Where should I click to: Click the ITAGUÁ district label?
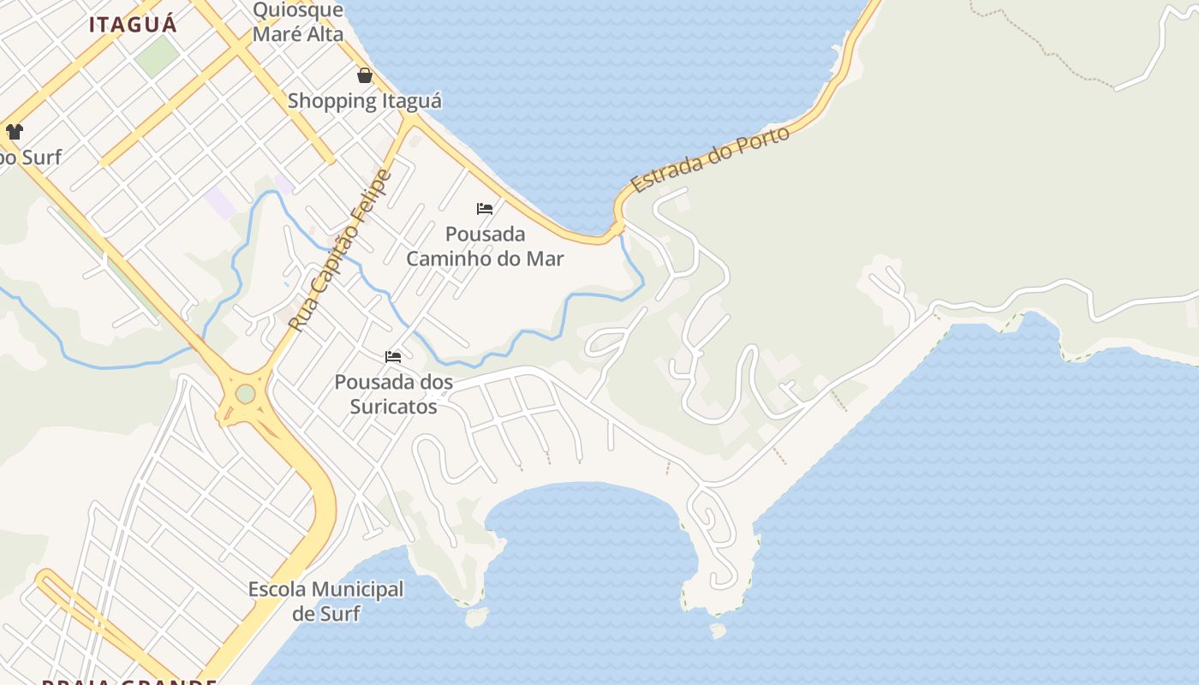[133, 24]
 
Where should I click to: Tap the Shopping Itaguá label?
[365, 101]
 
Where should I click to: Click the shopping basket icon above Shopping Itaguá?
[365, 75]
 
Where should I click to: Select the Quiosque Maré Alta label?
[298, 22]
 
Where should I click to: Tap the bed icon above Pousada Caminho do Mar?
[485, 208]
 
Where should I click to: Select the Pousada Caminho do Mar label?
[485, 246]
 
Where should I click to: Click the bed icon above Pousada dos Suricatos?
[393, 356]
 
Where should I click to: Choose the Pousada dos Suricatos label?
[394, 394]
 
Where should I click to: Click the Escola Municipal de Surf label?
[325, 601]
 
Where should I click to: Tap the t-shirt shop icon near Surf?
[15, 132]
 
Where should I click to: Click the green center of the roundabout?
[246, 394]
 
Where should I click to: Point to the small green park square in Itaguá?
[157, 55]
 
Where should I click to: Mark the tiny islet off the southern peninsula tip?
[718, 631]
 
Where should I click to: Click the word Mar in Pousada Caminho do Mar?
[543, 259]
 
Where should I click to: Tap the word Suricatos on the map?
[394, 406]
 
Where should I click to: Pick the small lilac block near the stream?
[220, 204]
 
